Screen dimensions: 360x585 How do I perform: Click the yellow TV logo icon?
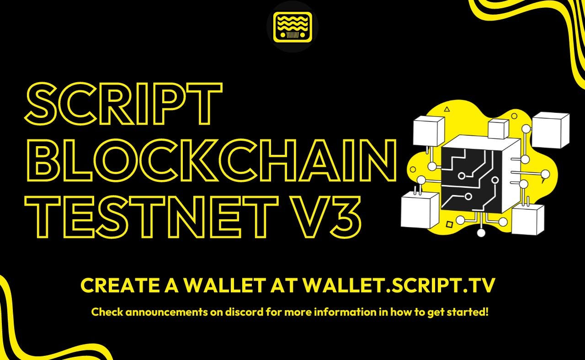[292, 27]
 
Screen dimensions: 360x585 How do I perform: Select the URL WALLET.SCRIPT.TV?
[399, 286]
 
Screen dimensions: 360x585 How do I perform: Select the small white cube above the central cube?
[498, 128]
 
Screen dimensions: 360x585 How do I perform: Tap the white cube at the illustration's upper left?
[428, 130]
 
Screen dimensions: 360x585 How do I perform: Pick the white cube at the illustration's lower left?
[419, 210]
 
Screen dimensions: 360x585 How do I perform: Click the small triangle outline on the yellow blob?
[447, 109]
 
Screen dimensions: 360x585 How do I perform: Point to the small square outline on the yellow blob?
[449, 224]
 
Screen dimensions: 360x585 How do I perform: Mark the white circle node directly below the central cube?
[481, 233]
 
